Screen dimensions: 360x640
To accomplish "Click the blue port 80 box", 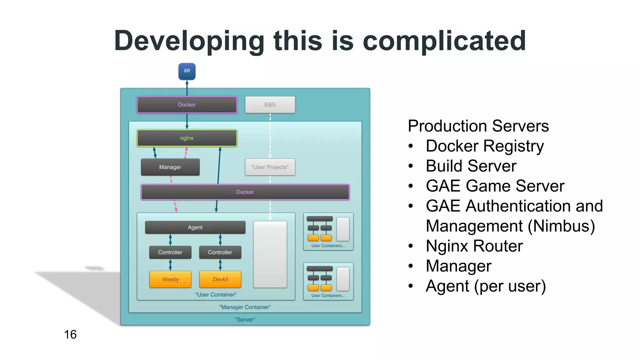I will (187, 71).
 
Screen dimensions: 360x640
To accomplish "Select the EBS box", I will (270, 105).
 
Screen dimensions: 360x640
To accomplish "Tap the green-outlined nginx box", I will (187, 138).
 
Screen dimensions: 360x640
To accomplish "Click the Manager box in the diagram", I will (170, 167).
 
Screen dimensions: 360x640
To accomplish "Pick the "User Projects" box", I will (270, 167).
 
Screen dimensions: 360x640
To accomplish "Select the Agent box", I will (195, 227).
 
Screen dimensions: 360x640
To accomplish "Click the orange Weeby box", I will (170, 279).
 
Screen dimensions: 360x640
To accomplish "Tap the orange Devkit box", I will (220, 279).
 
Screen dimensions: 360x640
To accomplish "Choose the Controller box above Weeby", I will (170, 252).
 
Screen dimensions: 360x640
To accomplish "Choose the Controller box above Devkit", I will (220, 252).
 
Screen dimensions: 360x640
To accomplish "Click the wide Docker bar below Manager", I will (245, 192).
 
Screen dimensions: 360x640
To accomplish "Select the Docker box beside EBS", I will (187, 105).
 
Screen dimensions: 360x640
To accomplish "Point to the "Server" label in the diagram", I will (245, 320).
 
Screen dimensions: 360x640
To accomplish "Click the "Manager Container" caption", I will (245, 307).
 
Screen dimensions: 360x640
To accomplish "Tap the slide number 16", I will (70, 335).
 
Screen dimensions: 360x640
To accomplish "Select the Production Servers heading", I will (478, 126).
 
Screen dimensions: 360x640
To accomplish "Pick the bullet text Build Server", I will (471, 166).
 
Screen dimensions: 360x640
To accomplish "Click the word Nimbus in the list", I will (562, 226).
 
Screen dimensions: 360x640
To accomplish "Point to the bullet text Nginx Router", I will (474, 246).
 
